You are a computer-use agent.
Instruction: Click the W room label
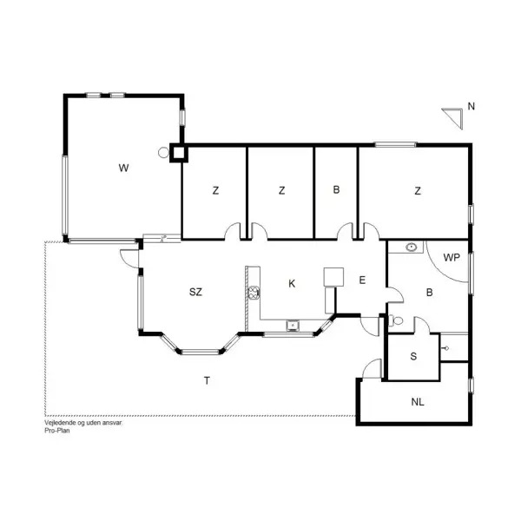click(124, 168)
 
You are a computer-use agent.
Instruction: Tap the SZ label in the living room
click(195, 292)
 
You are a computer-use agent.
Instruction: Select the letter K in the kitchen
click(292, 283)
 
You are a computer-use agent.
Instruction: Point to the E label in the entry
click(363, 280)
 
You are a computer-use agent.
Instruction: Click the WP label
click(451, 257)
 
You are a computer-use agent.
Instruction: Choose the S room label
click(412, 356)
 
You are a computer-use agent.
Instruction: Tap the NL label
click(417, 401)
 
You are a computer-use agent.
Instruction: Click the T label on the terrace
click(206, 380)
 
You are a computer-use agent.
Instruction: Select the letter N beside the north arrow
click(471, 107)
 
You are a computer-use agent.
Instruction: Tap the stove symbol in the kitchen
click(254, 292)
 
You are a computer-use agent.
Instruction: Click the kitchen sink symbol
click(293, 326)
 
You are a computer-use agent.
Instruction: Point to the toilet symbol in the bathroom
click(397, 320)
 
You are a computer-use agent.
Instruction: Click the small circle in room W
click(162, 153)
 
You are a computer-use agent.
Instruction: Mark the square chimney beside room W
click(178, 154)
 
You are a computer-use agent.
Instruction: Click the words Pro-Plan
click(57, 429)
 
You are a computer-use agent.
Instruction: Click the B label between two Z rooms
click(335, 191)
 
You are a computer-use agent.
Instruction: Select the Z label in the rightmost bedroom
click(418, 191)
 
